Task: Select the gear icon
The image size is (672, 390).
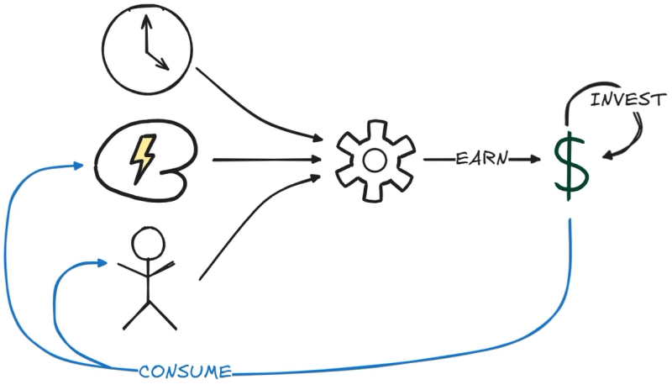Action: [375, 160]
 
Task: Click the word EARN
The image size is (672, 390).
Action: [481, 158]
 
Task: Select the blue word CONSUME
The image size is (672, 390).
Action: [185, 372]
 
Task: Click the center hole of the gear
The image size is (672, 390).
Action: [375, 160]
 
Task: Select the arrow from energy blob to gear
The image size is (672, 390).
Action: [265, 159]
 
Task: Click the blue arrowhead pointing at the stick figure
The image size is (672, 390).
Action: [102, 263]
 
